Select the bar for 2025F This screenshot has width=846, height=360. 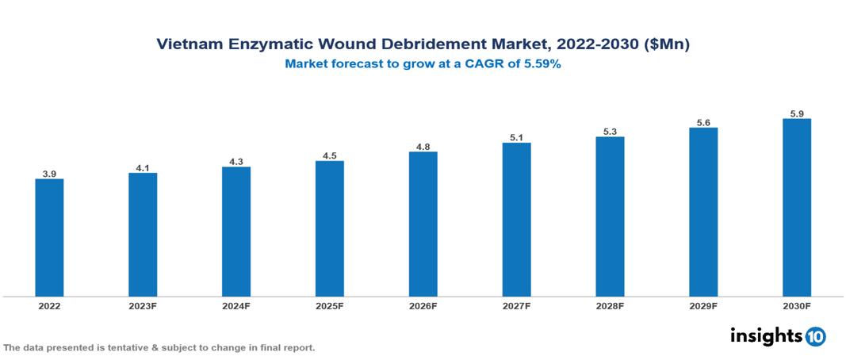click(329, 228)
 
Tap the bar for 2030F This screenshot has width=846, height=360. click(796, 208)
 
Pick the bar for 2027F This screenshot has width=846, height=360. click(516, 220)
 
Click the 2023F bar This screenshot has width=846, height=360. click(143, 235)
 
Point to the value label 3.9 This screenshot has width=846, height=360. click(49, 173)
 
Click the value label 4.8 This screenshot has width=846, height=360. click(423, 146)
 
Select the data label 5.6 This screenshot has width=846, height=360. click(703, 122)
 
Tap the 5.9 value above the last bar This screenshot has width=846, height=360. click(796, 113)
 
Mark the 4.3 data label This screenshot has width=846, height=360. click(236, 161)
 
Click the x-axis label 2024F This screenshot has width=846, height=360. click(236, 305)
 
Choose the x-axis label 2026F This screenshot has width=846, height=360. click(423, 305)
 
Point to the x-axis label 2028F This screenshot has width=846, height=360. click(610, 305)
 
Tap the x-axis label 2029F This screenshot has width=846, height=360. click(703, 305)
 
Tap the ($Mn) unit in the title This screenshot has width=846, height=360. click(668, 45)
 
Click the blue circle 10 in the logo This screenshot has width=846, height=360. click(815, 336)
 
